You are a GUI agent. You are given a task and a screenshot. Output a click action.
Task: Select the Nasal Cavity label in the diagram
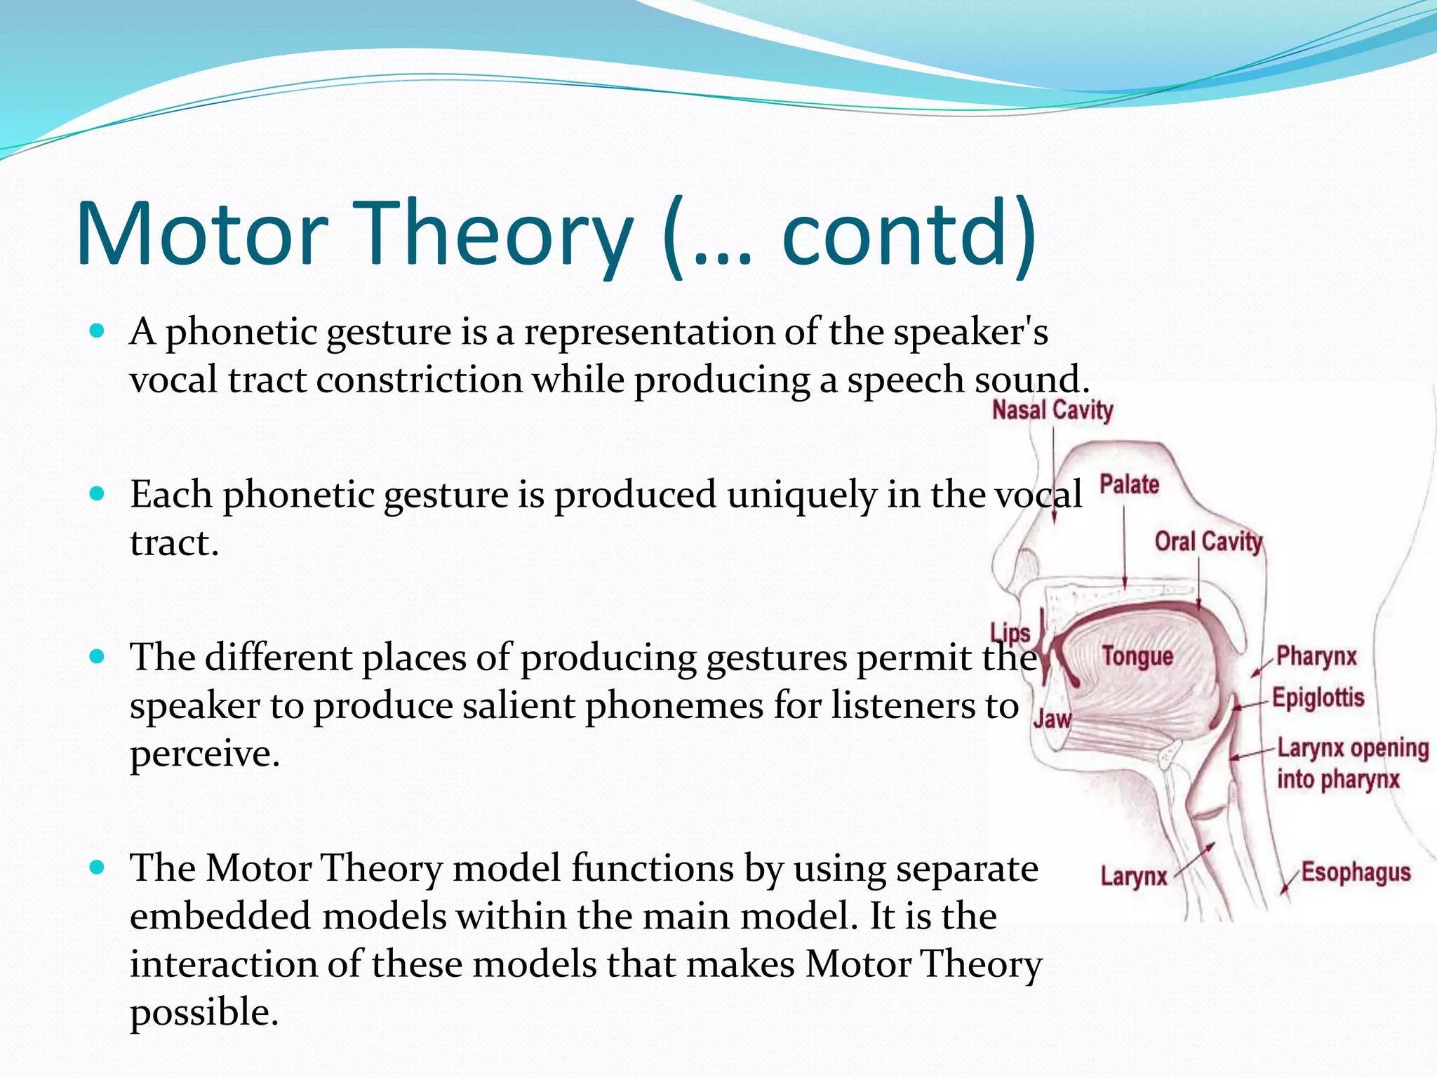click(1052, 410)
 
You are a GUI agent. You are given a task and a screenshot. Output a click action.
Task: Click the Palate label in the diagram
click(1129, 484)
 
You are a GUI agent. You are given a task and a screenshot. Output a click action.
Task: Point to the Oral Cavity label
click(1208, 541)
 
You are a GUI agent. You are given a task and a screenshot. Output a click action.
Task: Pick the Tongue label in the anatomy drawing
click(1137, 656)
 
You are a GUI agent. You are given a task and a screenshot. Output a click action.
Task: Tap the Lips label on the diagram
click(1010, 633)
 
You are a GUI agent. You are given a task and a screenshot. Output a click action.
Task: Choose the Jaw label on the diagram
click(1052, 719)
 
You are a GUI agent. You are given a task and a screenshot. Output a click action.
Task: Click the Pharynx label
click(1316, 656)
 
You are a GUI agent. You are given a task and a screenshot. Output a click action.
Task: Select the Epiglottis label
click(1318, 698)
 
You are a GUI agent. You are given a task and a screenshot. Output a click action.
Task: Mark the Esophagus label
click(1356, 872)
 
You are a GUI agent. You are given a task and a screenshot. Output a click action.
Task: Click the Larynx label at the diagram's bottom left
click(1133, 877)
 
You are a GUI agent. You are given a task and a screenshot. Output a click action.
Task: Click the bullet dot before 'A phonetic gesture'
click(98, 330)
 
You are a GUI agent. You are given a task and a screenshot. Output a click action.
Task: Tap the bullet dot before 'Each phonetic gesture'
click(98, 493)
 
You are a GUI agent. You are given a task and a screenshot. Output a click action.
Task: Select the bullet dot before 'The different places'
click(98, 657)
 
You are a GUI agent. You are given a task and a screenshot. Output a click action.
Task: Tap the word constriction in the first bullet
click(419, 380)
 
